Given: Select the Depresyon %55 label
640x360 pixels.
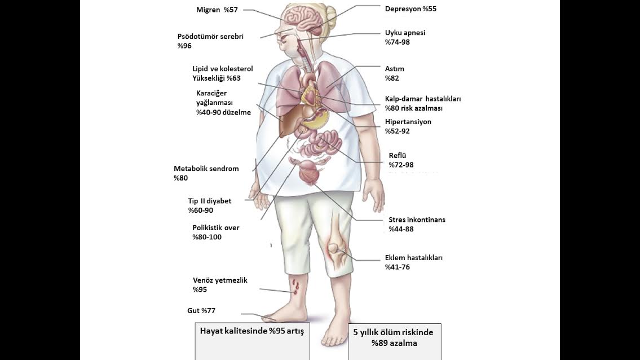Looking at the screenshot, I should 411,9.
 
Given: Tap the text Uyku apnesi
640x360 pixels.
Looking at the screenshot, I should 405,33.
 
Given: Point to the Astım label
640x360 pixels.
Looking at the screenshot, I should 395,69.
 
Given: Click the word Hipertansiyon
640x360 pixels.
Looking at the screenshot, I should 408,122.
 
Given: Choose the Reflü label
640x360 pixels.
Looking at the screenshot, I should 398,156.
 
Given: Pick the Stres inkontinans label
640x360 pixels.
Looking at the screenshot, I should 417,219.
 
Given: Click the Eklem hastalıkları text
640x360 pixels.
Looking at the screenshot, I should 413,258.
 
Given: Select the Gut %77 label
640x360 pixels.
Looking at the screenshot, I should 201,311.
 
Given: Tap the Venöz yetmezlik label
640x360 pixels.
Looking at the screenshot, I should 220,280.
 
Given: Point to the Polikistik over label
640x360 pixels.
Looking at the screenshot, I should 216,228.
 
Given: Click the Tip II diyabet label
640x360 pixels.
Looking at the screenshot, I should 210,201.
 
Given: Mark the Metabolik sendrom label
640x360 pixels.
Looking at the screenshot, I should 206,169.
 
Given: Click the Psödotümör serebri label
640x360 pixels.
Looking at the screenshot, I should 210,36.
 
